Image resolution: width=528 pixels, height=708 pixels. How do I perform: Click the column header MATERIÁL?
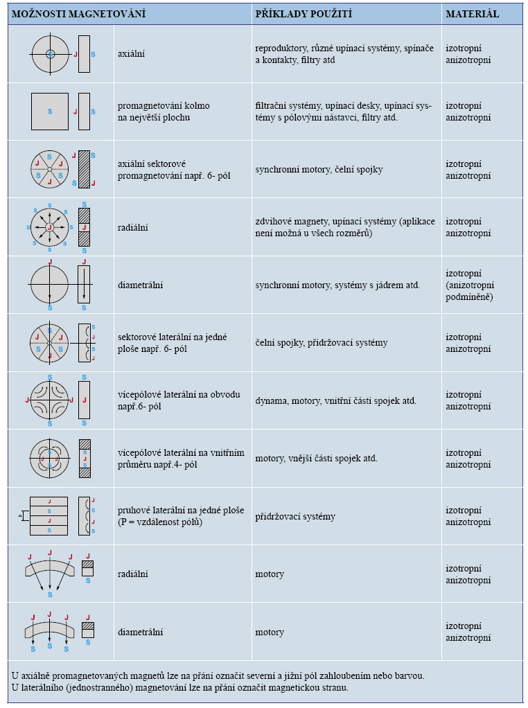click(472, 14)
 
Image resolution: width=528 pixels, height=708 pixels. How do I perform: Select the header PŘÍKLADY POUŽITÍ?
click(303, 14)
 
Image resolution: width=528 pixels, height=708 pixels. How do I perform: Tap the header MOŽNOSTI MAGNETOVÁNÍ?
click(78, 14)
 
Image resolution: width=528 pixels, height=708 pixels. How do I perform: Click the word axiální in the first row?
click(132, 54)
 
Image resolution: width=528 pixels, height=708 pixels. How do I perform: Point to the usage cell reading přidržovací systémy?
click(295, 517)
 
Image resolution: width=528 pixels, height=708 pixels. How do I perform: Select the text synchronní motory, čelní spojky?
click(319, 170)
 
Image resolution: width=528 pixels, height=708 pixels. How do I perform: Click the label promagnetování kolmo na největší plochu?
click(164, 112)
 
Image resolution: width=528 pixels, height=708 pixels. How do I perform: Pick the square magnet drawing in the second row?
click(50, 112)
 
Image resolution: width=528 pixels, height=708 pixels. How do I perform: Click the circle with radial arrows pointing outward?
click(50, 227)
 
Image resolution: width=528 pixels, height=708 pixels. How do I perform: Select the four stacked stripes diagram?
click(49, 516)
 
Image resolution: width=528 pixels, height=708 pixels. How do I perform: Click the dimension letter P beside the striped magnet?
click(20, 515)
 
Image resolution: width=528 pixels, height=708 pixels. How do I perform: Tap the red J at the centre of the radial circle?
click(50, 227)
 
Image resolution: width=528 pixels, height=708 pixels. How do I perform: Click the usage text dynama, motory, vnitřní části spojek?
click(335, 401)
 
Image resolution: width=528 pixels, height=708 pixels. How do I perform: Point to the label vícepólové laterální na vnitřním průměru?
click(181, 459)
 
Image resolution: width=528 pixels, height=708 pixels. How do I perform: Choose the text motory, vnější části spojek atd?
click(316, 459)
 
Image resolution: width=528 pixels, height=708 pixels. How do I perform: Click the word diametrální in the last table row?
click(141, 632)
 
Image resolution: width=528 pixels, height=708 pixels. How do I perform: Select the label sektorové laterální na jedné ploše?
click(172, 343)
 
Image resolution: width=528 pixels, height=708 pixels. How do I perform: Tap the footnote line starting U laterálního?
click(180, 688)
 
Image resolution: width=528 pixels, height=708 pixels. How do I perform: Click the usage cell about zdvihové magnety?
click(345, 227)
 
